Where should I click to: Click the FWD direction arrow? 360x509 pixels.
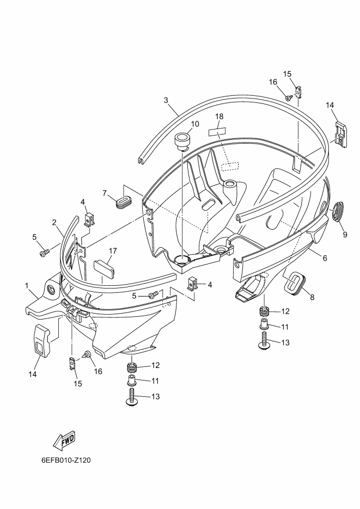click(64, 440)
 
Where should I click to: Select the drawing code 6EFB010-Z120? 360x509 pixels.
click(66, 460)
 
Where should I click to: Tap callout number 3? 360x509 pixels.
click(166, 100)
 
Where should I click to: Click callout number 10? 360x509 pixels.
click(195, 124)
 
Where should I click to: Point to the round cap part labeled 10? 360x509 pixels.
click(182, 140)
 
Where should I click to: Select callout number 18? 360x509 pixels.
click(219, 116)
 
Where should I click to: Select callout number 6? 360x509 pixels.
click(325, 258)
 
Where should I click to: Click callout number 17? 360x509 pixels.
click(113, 251)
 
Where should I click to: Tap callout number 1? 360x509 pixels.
click(27, 285)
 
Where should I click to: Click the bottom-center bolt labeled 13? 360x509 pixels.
click(132, 396)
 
